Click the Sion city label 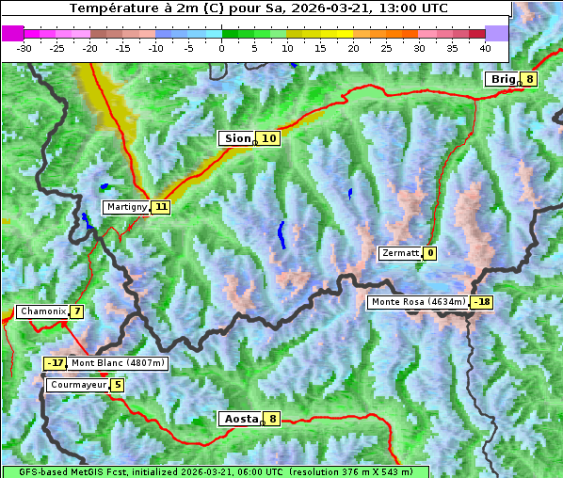[x=236, y=138]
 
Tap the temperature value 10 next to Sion [x=269, y=138]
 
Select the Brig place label [x=503, y=79]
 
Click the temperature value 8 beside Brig [x=530, y=79]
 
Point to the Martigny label [x=126, y=207]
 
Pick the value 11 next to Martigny [x=161, y=207]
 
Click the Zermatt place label [x=400, y=253]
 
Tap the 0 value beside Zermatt [x=430, y=253]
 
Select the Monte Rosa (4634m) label [x=418, y=302]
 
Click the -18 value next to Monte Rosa [x=482, y=302]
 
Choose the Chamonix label [x=42, y=311]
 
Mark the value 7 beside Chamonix [x=76, y=311]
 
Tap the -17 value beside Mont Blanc [x=56, y=363]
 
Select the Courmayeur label [x=77, y=385]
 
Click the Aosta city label [x=239, y=419]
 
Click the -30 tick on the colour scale [x=24, y=47]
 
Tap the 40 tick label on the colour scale [x=485, y=47]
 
